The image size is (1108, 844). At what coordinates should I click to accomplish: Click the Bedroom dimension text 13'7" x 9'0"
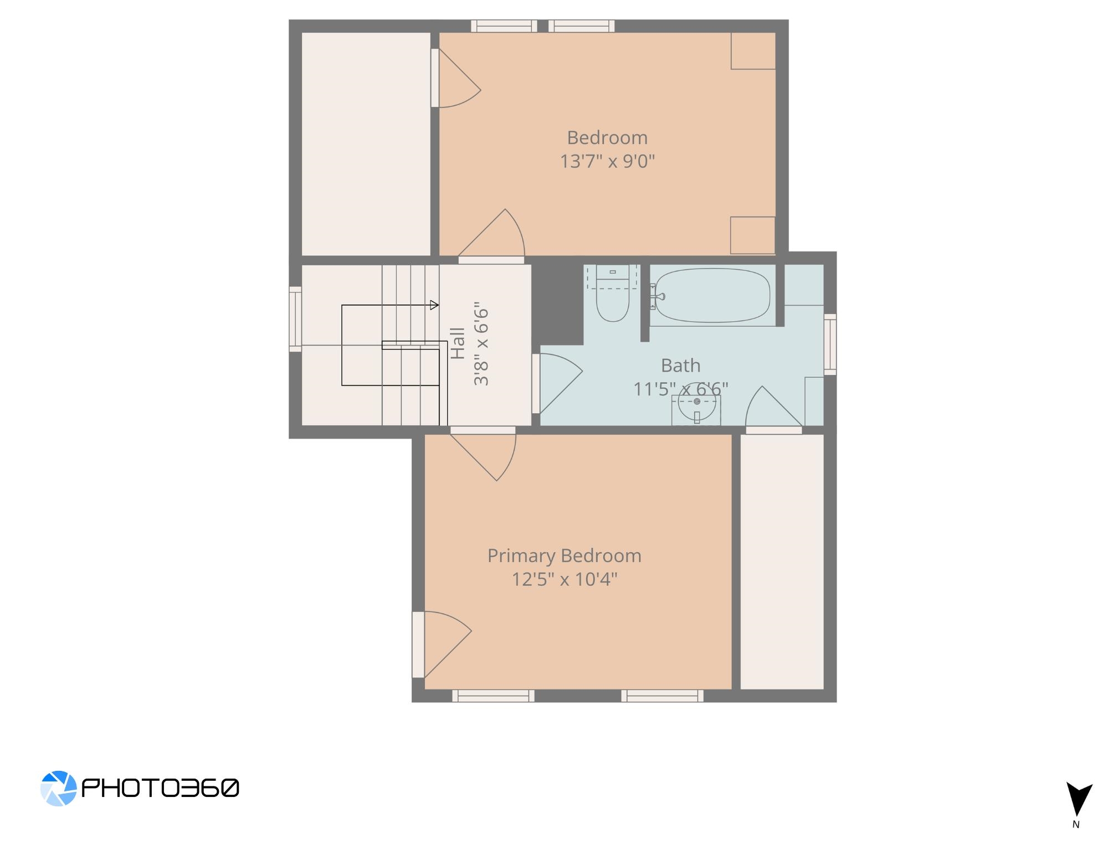click(x=607, y=162)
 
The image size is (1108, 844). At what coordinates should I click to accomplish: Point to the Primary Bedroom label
click(x=565, y=556)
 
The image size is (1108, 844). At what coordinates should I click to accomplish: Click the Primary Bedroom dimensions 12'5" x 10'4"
click(x=565, y=580)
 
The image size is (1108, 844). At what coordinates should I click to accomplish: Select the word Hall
click(x=458, y=343)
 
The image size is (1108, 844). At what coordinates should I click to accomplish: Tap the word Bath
click(x=680, y=366)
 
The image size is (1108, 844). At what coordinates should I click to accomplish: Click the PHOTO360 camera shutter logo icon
click(x=58, y=788)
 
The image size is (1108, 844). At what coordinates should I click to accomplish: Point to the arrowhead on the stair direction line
click(x=434, y=305)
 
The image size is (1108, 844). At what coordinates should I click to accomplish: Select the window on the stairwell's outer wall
click(x=295, y=319)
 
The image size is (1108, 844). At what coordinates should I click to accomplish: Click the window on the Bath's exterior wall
click(x=830, y=344)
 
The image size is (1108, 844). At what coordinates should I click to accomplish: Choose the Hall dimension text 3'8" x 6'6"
click(x=481, y=343)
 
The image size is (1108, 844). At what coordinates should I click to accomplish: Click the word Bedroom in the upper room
click(x=607, y=137)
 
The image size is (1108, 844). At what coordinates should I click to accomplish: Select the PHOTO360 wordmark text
click(x=161, y=788)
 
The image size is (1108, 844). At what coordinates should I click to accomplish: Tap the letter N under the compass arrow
click(x=1076, y=825)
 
